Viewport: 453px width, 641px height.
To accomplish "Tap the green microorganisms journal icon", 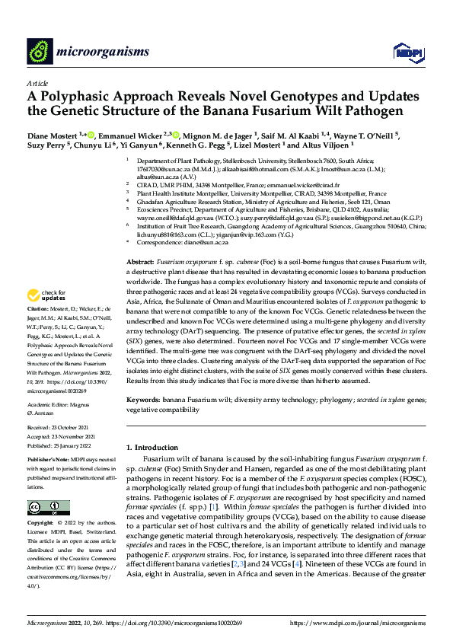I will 40,51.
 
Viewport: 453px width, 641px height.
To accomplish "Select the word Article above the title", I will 37,83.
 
